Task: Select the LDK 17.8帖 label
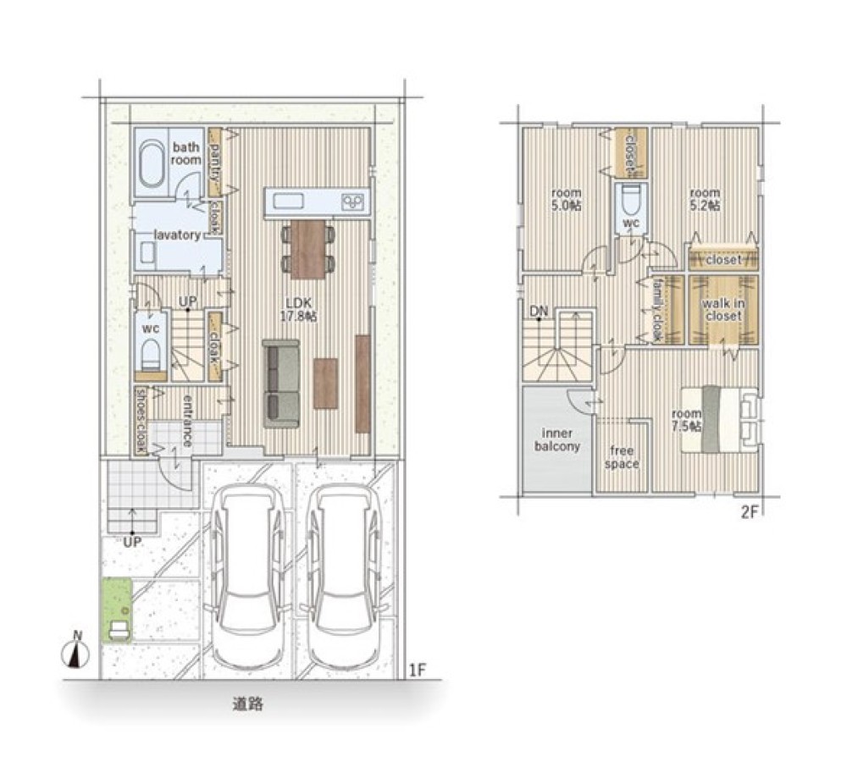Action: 298,310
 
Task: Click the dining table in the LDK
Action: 308,249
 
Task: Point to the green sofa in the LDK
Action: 281,384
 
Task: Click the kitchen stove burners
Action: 354,202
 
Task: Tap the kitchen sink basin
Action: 289,202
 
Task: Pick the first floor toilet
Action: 151,353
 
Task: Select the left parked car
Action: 248,576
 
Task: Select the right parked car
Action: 346,576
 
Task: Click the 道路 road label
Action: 248,704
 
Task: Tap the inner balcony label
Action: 557,439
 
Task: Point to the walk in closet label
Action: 723,309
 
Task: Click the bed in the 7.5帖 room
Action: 721,418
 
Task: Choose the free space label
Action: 622,457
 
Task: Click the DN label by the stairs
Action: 539,311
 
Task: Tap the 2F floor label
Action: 750,511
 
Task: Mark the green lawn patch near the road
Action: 117,610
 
